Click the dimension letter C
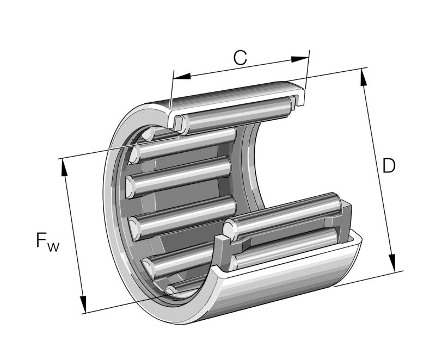pyautogui.click(x=240, y=57)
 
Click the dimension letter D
pyautogui.click(x=388, y=166)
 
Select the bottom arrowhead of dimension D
pyautogui.click(x=391, y=263)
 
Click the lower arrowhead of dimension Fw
pyautogui.click(x=83, y=304)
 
